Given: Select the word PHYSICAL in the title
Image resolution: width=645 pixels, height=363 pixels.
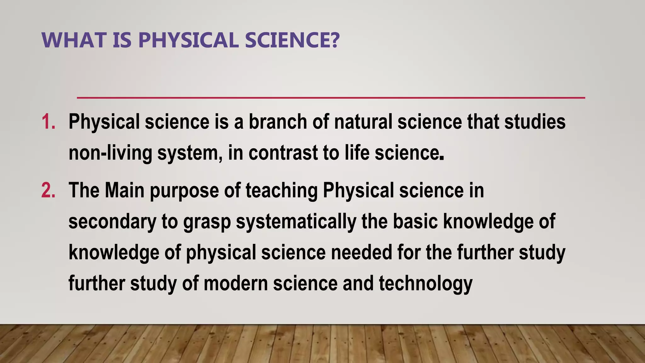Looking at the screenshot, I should [188, 40].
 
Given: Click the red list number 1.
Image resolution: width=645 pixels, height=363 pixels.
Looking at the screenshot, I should [48, 122].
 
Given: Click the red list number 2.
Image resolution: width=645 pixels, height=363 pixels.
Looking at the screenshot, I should [48, 191].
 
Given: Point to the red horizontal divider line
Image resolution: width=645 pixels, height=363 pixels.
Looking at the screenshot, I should [331, 98].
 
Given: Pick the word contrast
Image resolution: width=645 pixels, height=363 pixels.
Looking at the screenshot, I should [283, 153].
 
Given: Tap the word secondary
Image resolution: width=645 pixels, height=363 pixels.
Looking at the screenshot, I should [112, 222].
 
